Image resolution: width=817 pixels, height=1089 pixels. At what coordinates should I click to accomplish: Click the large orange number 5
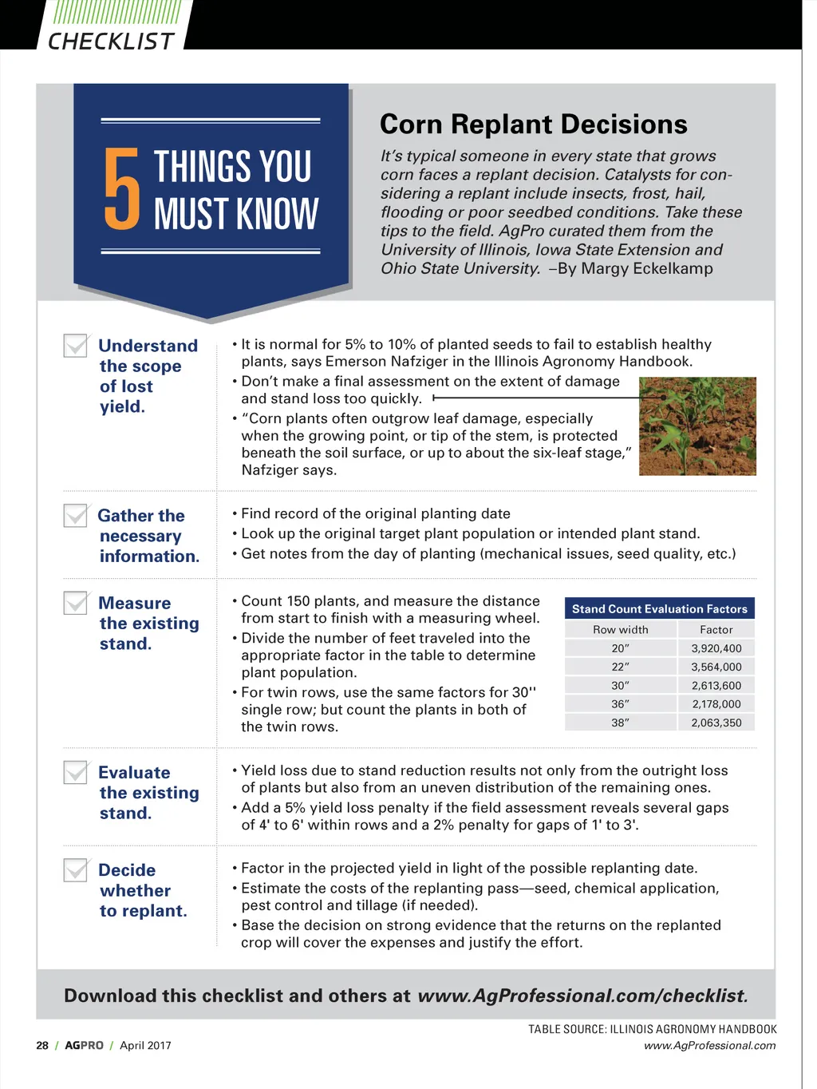point(122,189)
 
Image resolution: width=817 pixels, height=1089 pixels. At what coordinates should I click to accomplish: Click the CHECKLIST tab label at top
point(111,42)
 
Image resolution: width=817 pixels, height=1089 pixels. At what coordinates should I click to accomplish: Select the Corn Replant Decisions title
point(533,125)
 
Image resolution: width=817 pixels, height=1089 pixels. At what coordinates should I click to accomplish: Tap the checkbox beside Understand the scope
point(76,346)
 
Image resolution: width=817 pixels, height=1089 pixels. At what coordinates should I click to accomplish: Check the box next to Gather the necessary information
point(76,516)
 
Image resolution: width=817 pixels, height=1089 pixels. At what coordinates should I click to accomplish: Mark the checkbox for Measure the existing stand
point(76,603)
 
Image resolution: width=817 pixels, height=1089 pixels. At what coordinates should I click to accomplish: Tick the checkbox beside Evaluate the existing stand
point(76,772)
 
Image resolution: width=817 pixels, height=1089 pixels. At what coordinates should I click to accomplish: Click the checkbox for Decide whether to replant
point(76,869)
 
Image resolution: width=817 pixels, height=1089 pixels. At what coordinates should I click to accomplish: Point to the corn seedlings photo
point(697,426)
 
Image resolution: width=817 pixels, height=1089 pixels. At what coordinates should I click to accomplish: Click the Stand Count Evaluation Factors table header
point(659,609)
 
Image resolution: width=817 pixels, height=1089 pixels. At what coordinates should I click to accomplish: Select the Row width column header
point(620,630)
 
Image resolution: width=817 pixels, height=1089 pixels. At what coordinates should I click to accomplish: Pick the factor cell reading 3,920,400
point(716,648)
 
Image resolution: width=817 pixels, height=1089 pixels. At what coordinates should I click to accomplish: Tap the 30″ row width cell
point(620,686)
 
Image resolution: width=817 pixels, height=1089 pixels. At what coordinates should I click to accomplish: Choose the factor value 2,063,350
point(716,723)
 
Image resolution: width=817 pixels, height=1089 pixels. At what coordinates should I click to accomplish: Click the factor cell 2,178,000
point(716,704)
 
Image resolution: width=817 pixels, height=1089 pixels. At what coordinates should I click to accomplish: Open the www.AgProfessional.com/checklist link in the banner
point(582,996)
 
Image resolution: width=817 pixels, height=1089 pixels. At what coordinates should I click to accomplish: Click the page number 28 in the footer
point(42,1045)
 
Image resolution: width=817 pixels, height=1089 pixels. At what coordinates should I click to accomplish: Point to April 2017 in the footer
point(145,1045)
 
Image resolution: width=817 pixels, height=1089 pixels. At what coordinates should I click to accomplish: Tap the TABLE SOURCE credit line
point(652,1029)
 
